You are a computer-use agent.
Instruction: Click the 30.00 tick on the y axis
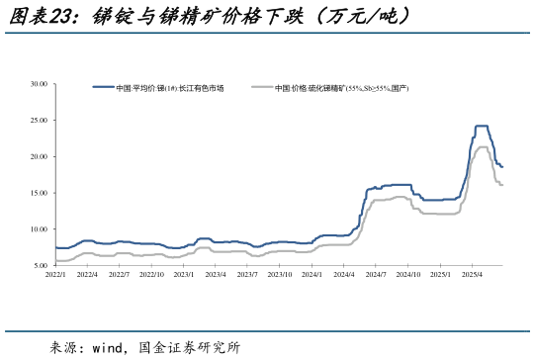tap(39, 84)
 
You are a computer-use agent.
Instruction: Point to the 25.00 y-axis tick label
tap(39, 121)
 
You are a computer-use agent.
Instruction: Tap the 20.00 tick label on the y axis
tap(39, 157)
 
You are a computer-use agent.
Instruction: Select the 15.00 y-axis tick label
tap(39, 193)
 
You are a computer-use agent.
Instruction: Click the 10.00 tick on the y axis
tap(39, 229)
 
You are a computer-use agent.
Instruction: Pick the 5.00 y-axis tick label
tap(41, 266)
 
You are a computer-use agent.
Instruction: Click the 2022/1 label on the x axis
tap(56, 275)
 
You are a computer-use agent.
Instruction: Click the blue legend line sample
tap(103, 88)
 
